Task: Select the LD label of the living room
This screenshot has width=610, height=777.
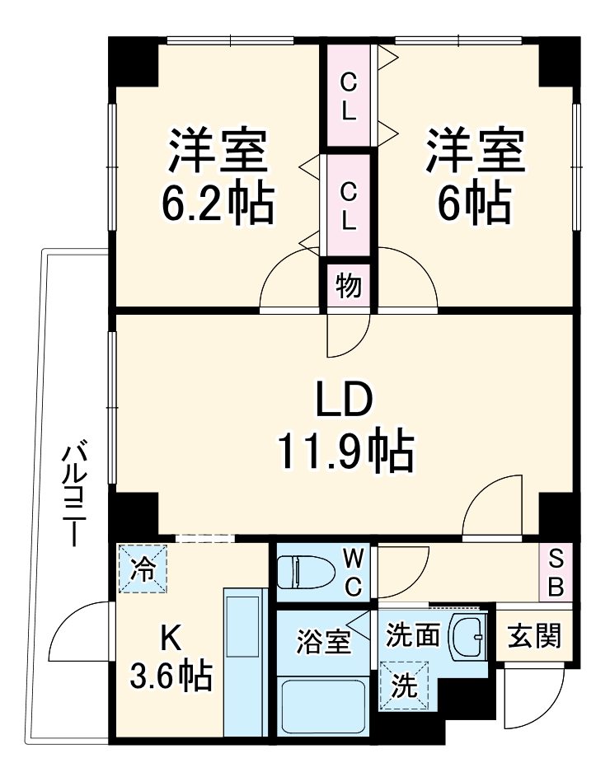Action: [345, 401]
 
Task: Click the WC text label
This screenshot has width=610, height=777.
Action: [353, 573]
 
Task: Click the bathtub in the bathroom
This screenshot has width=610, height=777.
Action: [323, 707]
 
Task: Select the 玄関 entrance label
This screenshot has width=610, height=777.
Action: [534, 636]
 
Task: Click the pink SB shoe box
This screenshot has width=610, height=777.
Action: [556, 573]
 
